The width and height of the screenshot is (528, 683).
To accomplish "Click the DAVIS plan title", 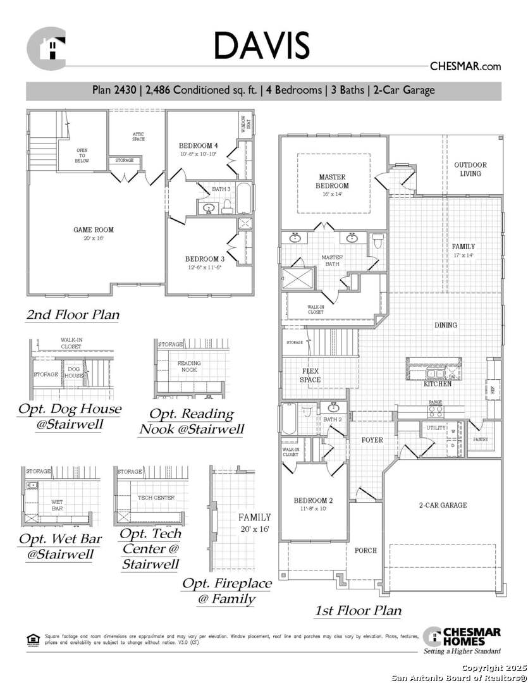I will click(262, 46).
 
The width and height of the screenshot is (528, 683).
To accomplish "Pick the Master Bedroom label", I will click(332, 182).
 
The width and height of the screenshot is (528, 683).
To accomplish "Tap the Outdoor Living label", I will click(470, 169).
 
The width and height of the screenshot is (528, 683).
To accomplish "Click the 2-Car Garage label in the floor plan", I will click(443, 505).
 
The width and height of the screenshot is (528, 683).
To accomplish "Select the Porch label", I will click(365, 551).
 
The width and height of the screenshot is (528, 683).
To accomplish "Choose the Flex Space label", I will click(310, 376).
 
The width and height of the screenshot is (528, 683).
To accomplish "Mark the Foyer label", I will click(372, 440).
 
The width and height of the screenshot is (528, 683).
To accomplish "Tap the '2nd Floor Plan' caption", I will click(72, 314).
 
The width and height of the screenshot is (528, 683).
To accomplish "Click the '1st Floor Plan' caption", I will click(358, 610).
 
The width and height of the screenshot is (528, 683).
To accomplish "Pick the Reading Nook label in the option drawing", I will click(188, 367).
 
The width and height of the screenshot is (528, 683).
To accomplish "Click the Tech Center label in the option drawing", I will click(156, 498).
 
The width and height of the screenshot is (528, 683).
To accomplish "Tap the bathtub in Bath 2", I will click(289, 419).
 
